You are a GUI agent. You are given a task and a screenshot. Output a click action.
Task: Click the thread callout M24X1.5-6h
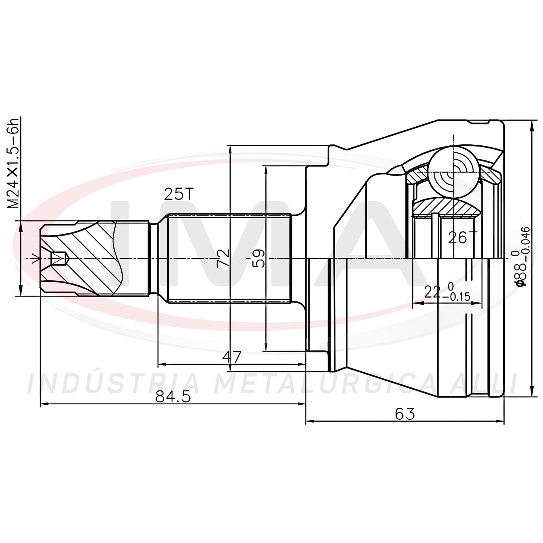13,163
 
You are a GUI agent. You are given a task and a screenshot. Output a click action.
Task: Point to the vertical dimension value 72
223,258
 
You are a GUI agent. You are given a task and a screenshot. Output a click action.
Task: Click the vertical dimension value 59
258,258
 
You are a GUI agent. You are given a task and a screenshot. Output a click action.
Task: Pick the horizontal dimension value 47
231,357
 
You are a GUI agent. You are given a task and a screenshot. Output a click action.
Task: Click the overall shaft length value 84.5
173,397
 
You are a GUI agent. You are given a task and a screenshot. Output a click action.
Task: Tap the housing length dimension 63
405,414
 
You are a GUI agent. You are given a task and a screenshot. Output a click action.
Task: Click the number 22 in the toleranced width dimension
432,292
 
